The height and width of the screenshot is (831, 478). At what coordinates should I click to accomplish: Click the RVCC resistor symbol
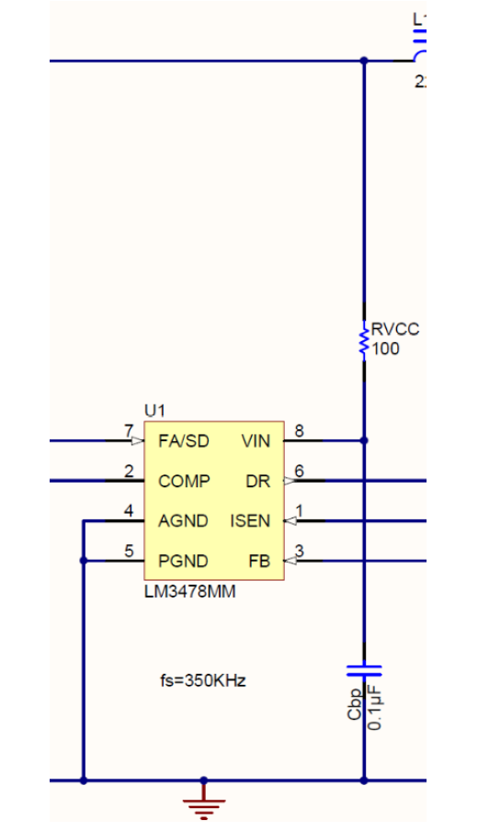point(364,338)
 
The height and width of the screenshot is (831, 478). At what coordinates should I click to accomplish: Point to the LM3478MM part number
point(189,592)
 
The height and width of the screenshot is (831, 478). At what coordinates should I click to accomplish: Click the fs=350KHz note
point(203,681)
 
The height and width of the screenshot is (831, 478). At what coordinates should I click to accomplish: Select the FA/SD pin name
point(184,441)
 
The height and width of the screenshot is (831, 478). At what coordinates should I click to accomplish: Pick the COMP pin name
point(184,481)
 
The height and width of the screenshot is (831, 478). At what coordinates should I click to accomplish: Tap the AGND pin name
point(184,521)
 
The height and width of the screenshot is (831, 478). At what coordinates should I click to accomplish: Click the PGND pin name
point(184,561)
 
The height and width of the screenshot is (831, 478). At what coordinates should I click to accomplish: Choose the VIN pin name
point(256,441)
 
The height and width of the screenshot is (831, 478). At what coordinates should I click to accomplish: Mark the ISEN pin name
point(251,521)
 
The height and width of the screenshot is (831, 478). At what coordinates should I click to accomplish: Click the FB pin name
point(259,561)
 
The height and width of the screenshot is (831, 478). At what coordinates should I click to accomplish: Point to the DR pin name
point(258,481)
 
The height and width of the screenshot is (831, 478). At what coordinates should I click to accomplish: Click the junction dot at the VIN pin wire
point(364,441)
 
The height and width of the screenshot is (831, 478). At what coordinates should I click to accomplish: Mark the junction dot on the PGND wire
point(84,561)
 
